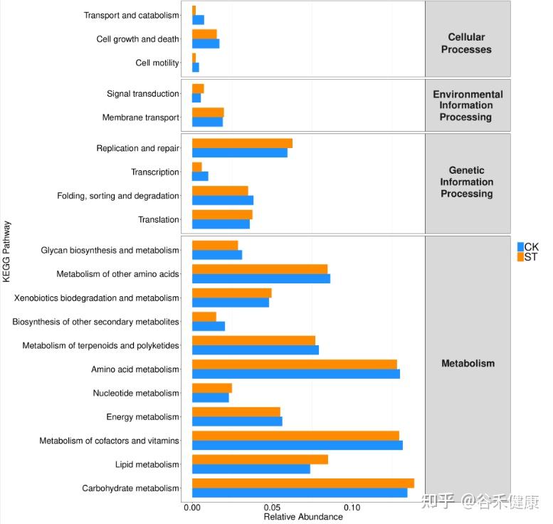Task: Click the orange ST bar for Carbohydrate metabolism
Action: point(302,483)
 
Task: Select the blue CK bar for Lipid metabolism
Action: point(251,468)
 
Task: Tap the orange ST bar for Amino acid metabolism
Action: point(294,365)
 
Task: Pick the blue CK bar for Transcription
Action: point(200,176)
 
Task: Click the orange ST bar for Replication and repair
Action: point(242,143)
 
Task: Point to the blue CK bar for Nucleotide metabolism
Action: point(210,397)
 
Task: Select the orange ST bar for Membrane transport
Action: point(208,112)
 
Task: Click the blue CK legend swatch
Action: point(520,246)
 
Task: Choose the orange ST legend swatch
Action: point(520,256)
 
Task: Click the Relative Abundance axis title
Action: point(302,517)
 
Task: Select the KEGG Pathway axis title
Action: point(6,251)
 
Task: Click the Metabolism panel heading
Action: point(468,363)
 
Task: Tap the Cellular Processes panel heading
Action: point(466,43)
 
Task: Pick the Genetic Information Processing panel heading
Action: point(466,182)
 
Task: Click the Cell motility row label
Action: point(157,63)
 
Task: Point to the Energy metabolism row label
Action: point(142,417)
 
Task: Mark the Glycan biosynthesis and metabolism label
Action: point(110,251)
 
